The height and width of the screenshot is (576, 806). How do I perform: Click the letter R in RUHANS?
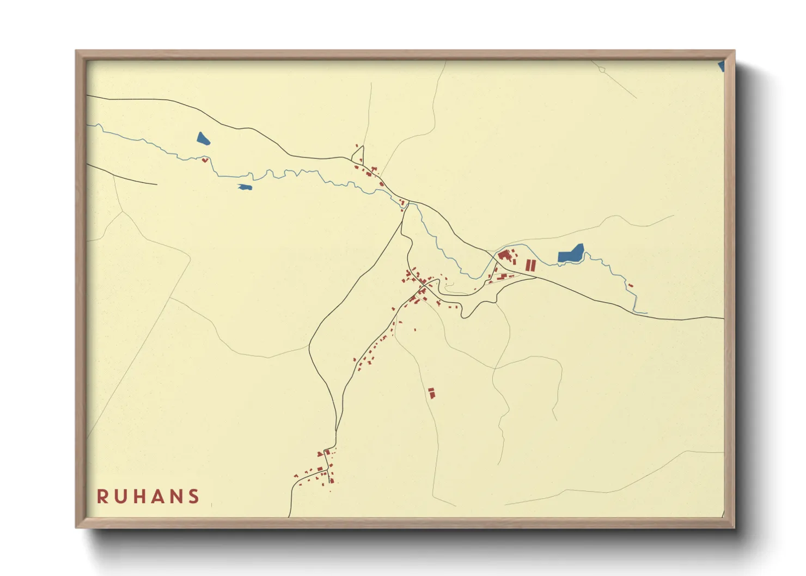pos(102,497)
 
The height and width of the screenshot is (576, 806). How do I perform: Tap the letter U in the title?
pos(121,497)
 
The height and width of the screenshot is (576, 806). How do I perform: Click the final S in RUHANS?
pos(193,497)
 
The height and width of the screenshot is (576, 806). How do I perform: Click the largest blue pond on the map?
pos(570,254)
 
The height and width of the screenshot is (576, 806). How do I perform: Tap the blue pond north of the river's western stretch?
pos(203,139)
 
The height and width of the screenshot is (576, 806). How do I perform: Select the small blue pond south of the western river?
pos(245,187)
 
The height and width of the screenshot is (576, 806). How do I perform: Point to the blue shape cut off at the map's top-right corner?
pos(722,66)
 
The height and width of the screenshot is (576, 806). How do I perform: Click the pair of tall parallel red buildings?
pos(530,266)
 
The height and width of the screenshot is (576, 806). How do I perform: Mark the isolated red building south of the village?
pos(431,393)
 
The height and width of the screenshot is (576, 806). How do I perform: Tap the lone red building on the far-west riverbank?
pos(205,160)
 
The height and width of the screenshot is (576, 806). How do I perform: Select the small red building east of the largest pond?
pos(631,285)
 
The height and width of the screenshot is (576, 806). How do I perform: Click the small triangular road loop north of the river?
pos(358,157)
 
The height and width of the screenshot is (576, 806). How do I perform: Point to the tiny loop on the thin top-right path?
pos(601,70)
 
